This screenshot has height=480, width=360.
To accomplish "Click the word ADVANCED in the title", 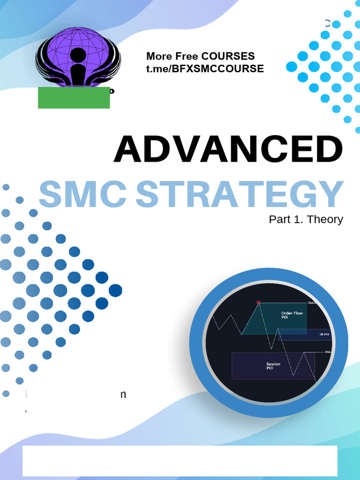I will click(x=228, y=150).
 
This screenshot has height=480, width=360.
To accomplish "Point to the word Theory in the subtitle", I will click(x=325, y=219).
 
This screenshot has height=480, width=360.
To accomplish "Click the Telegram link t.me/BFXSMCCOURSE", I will click(x=205, y=69).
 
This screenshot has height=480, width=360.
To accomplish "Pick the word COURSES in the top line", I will click(x=228, y=56).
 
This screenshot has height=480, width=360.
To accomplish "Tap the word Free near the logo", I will click(x=187, y=56).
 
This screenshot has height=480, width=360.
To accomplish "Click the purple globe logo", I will click(x=78, y=55).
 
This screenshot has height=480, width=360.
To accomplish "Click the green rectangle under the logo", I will click(x=74, y=97).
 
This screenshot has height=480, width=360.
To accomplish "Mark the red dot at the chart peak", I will click(x=258, y=303).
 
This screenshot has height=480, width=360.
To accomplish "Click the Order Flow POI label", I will click(x=292, y=315).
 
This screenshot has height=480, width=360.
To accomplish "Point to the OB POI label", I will click(x=324, y=334).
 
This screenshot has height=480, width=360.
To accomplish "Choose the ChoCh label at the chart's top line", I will click(x=312, y=303).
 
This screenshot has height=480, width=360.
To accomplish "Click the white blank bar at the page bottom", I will click(x=180, y=460).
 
